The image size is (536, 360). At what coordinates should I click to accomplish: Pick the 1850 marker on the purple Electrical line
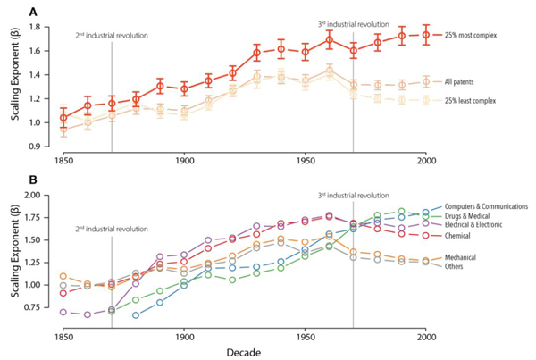[x=63, y=312]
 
